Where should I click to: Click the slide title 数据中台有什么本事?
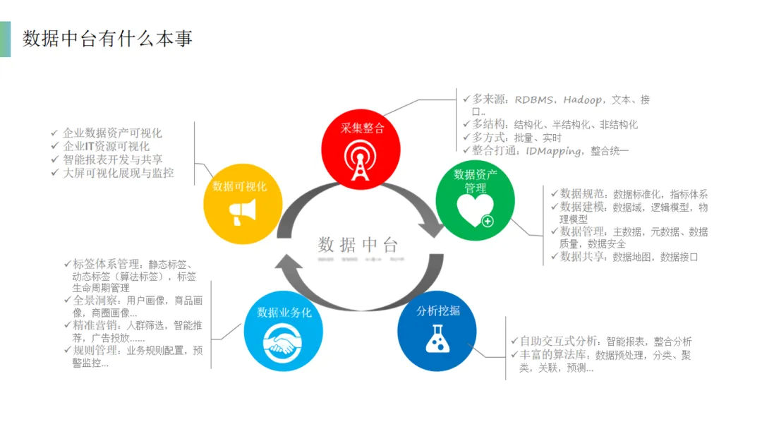(107, 39)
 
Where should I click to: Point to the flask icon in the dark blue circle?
(437, 339)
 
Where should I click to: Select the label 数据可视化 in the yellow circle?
(240, 186)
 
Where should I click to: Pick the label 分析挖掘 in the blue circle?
(438, 310)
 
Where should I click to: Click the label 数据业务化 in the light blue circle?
(284, 312)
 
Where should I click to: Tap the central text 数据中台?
(358, 245)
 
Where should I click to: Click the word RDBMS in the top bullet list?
(534, 99)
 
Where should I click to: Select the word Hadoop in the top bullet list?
(587, 99)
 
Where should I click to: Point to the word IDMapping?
(555, 150)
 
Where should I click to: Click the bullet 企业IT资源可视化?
(106, 146)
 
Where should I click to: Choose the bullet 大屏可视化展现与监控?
(118, 173)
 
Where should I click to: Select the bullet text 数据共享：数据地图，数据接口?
(629, 257)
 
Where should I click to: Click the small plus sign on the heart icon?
(487, 221)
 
